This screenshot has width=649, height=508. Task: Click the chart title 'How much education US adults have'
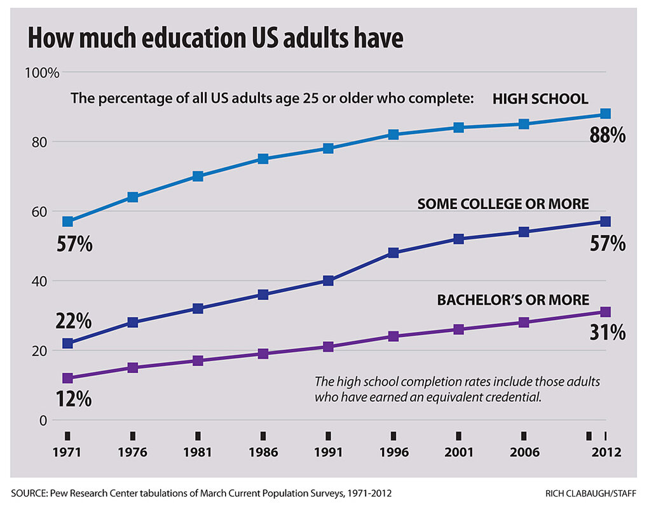point(215,38)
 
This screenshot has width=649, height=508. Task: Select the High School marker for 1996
point(393,135)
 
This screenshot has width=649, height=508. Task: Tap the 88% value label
point(608,135)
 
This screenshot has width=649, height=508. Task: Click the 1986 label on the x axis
point(263,453)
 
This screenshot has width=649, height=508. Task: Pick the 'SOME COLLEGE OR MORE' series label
point(503,204)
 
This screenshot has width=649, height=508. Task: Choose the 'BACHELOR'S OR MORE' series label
point(513,300)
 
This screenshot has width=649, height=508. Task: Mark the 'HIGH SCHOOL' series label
point(540,99)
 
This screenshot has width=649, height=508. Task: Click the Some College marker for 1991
point(328,281)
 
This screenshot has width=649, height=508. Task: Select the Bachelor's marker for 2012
point(605,312)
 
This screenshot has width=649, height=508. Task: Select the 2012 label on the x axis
point(605,453)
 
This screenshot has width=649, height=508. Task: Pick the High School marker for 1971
point(67,222)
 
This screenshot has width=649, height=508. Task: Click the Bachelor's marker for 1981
point(198,361)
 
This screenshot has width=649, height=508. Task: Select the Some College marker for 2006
point(523,232)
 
